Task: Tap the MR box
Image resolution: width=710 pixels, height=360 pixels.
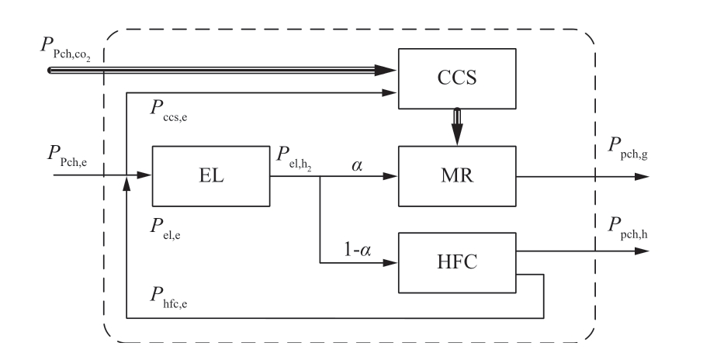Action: click(x=456, y=177)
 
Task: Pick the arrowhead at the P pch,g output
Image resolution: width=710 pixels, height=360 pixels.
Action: click(x=641, y=176)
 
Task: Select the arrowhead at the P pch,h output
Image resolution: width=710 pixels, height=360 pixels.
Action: click(x=641, y=251)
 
